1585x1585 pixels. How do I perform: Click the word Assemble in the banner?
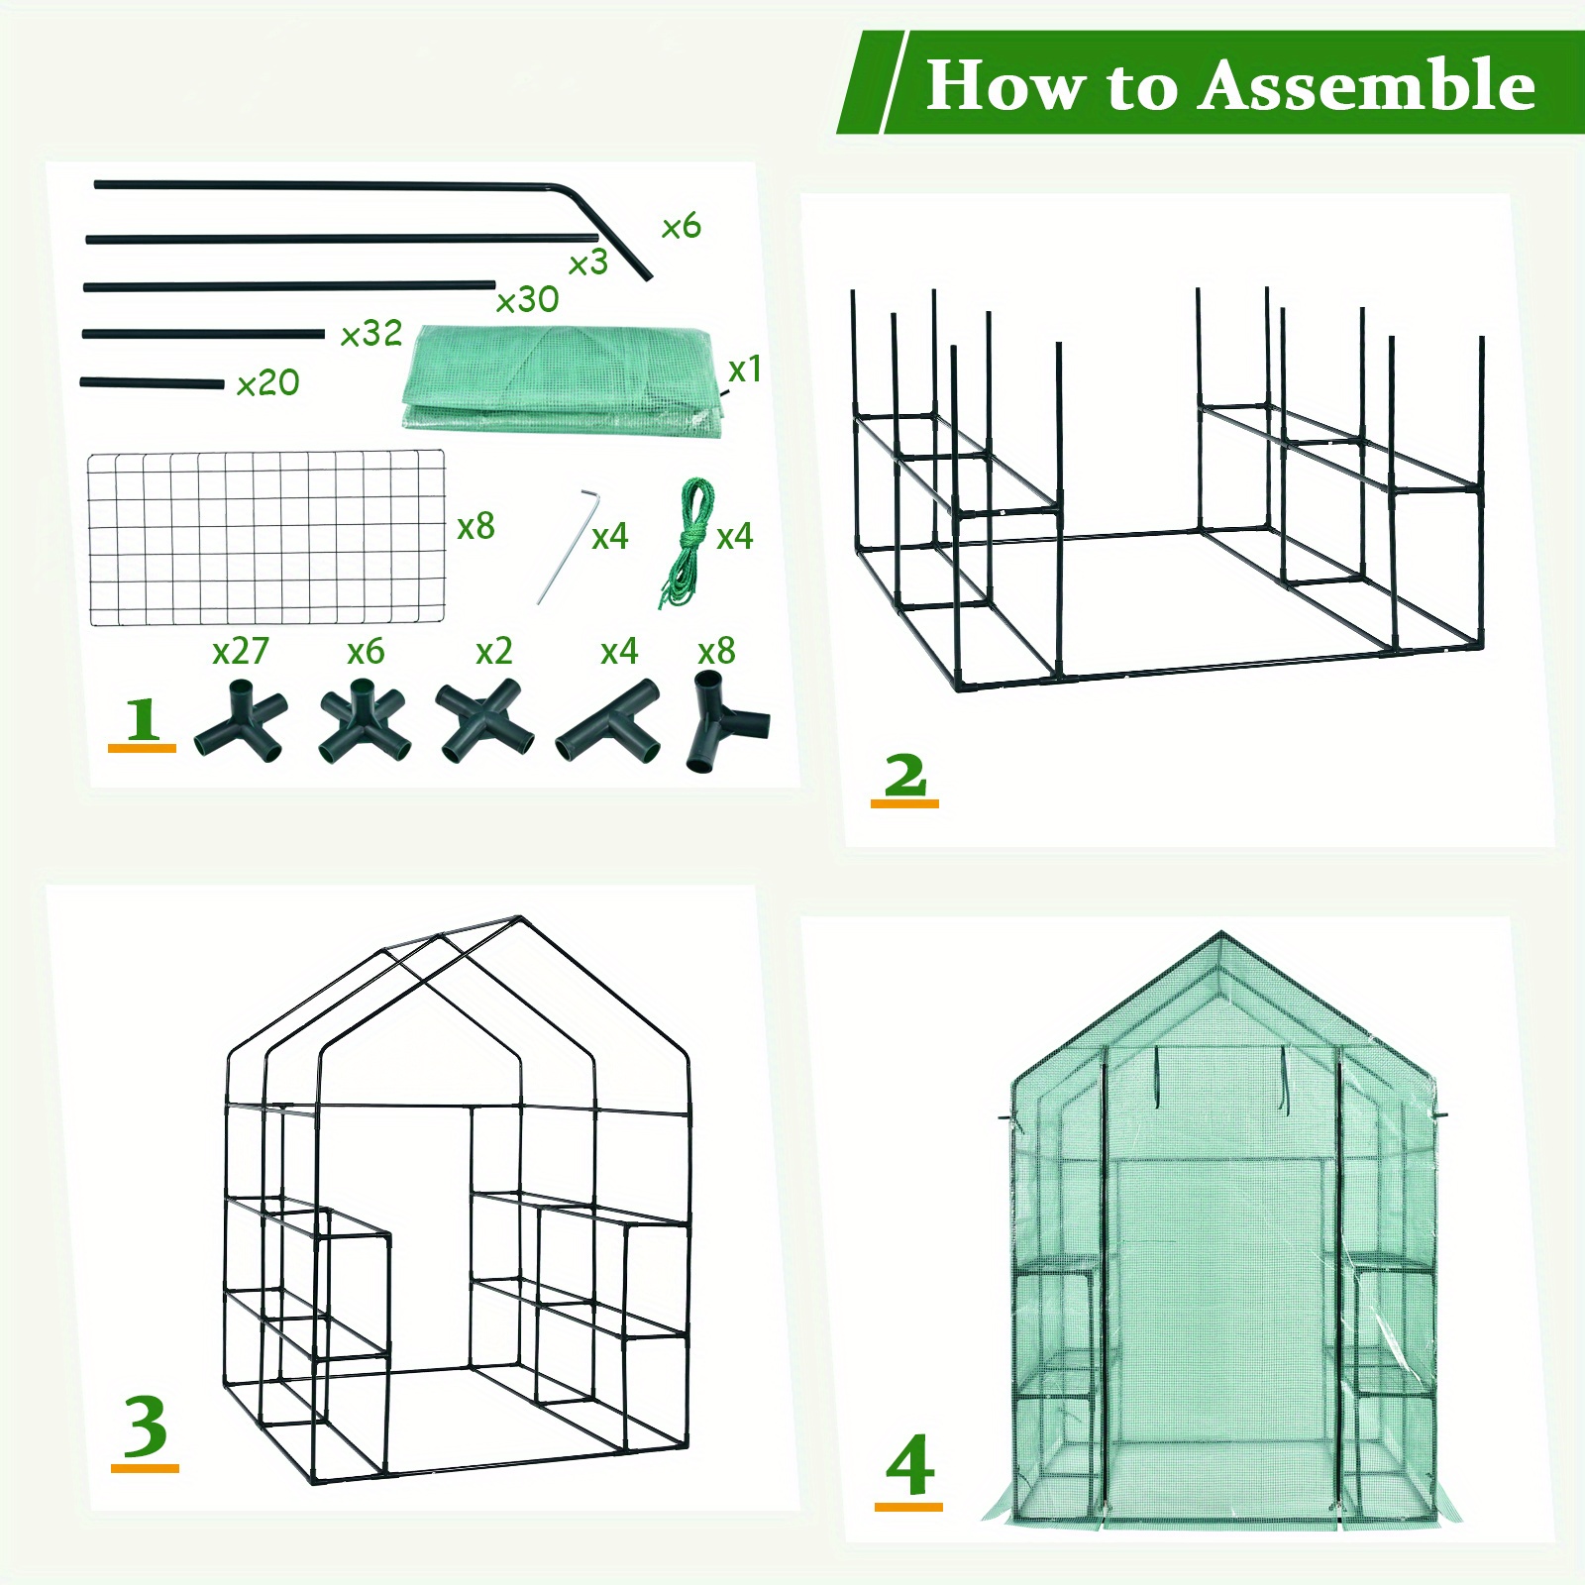1367,85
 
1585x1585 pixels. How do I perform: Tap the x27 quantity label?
241,651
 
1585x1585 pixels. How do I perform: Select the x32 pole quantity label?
371,334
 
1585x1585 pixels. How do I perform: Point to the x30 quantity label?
527,299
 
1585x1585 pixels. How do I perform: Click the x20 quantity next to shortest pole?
267,382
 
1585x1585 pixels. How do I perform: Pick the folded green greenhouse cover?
560,378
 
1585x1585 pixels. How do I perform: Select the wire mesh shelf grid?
266,538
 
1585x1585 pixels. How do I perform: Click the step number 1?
143,719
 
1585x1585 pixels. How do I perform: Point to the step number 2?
904,776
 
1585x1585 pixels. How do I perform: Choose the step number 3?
146,1427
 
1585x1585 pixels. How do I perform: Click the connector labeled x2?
484,720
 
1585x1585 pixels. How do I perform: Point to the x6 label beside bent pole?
682,226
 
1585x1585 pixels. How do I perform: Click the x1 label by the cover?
745,370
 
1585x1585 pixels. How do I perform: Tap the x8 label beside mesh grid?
476,526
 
